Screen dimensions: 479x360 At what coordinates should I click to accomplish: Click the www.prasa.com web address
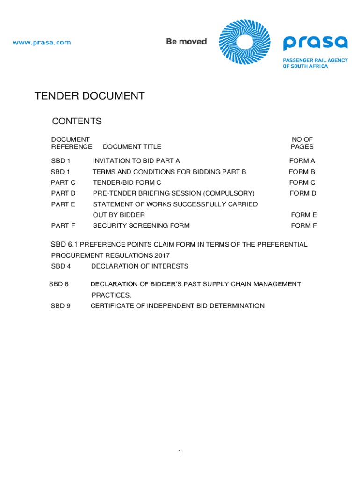[x=42, y=43]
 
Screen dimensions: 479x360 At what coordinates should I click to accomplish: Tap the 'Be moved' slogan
[x=186, y=42]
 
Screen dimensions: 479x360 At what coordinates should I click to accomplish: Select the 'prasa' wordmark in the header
[x=315, y=43]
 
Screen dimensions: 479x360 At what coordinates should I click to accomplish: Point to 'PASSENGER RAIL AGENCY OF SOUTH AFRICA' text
[x=315, y=63]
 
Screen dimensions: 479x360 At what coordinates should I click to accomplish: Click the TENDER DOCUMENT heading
[x=89, y=96]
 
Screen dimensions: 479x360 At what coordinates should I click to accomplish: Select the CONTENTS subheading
[x=77, y=122]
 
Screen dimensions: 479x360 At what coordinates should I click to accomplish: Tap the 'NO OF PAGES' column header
[x=302, y=143]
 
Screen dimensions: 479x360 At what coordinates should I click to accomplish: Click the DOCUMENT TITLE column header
[x=132, y=147]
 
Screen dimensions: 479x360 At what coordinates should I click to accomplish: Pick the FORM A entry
[x=302, y=161]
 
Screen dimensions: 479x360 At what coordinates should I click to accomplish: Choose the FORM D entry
[x=303, y=193]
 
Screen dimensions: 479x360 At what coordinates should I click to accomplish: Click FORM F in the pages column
[x=304, y=225]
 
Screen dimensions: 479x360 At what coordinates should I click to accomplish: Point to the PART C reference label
[x=63, y=182]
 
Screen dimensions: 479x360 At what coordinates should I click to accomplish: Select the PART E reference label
[x=63, y=204]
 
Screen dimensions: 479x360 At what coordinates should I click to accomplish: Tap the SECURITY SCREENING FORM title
[x=141, y=225]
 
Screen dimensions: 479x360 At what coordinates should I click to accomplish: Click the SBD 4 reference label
[x=60, y=266]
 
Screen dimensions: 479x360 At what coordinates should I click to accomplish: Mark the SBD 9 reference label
[x=60, y=306]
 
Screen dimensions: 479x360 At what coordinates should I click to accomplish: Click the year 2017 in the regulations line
[x=162, y=255]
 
